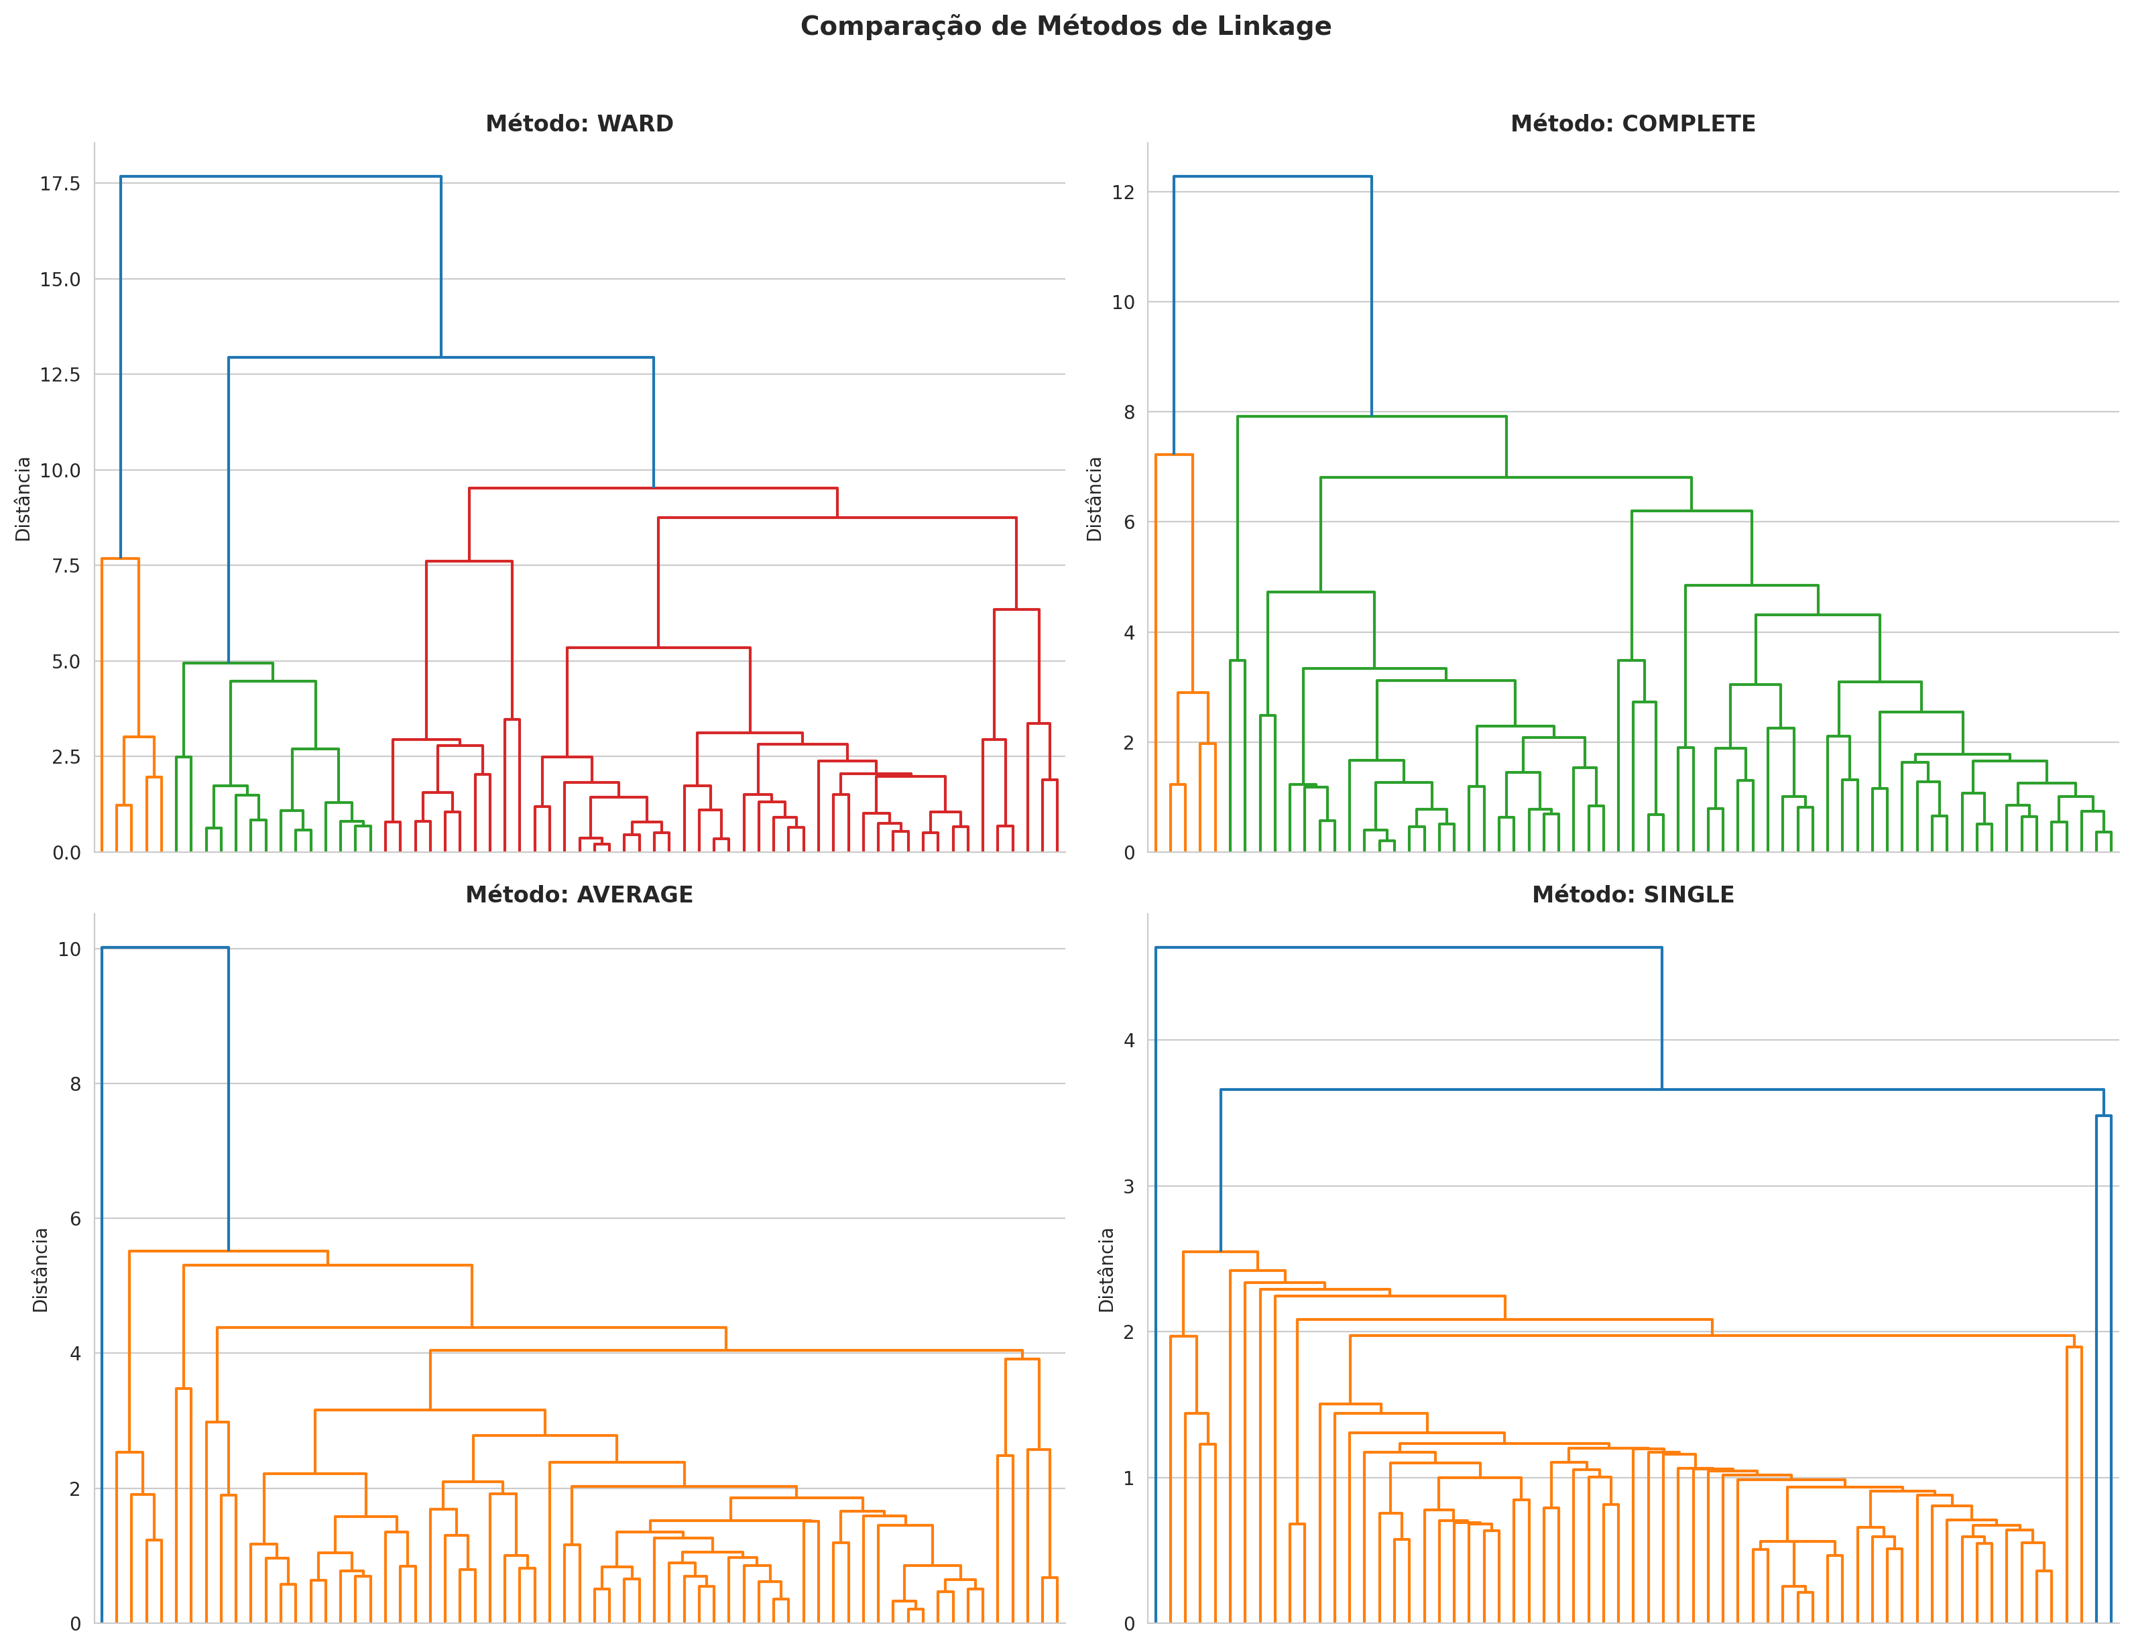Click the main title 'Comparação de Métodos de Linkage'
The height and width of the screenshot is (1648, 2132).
point(1065,26)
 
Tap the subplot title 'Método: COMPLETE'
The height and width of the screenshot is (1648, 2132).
point(1633,124)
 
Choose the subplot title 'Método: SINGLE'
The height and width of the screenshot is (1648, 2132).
point(1633,894)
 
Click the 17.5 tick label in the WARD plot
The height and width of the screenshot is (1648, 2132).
point(60,184)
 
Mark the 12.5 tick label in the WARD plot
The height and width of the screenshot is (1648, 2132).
point(60,375)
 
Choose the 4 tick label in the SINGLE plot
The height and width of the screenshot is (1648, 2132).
point(1130,1041)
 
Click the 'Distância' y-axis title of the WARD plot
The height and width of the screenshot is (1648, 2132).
point(23,499)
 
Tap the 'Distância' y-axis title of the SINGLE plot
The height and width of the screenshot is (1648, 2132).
point(1106,1269)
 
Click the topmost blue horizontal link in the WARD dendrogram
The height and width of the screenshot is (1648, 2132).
point(280,177)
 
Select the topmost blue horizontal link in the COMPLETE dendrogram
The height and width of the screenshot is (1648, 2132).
point(1272,177)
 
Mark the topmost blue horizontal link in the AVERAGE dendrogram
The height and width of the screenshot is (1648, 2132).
point(165,947)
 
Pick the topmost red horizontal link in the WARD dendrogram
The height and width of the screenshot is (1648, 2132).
point(652,488)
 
